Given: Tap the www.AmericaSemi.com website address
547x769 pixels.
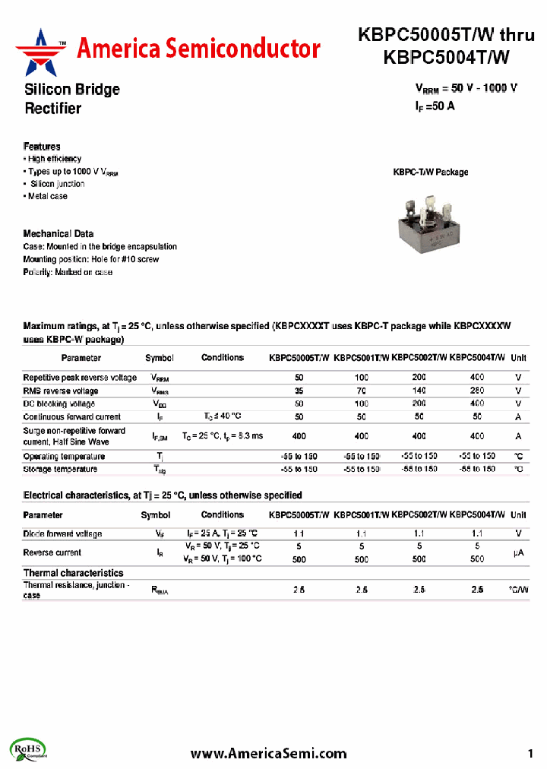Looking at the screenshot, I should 268,753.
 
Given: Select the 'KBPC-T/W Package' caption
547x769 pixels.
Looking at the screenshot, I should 430,172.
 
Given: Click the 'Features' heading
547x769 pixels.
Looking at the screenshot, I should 42,146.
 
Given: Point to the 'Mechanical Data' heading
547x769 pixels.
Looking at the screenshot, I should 58,234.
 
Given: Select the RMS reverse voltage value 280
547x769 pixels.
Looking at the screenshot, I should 476,391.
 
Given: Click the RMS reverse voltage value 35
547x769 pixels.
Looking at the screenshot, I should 299,391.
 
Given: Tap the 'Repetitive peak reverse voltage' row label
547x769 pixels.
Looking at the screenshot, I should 80,378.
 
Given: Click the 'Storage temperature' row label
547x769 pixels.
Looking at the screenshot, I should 61,470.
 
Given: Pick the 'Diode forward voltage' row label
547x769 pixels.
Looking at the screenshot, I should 62,534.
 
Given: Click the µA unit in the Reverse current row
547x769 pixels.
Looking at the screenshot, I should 518,553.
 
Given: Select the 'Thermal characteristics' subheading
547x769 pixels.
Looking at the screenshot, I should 73,573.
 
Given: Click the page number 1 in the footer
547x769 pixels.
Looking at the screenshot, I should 530,753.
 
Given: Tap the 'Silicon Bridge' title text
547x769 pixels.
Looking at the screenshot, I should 72,90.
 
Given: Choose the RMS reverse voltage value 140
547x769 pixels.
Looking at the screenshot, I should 419,391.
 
